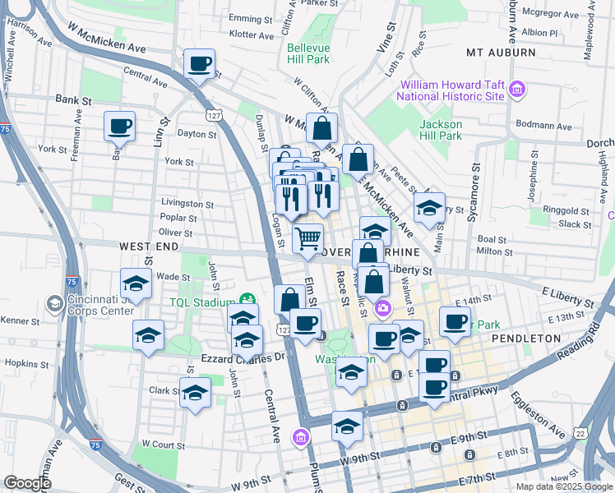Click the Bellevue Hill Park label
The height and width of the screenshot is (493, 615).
(308, 53)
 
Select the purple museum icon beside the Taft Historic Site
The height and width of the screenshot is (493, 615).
(517, 90)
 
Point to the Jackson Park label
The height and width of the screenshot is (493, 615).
(440, 130)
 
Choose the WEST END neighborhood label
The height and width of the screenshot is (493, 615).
(149, 246)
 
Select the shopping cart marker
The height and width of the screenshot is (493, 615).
(307, 239)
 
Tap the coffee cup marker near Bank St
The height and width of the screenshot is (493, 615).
(119, 127)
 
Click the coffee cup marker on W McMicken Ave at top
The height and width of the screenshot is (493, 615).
(198, 63)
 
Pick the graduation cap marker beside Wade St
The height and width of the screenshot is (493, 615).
(136, 284)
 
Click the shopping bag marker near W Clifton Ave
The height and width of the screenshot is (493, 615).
(322, 128)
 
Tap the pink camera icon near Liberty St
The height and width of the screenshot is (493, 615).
(382, 309)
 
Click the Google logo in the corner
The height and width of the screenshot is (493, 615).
(28, 483)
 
